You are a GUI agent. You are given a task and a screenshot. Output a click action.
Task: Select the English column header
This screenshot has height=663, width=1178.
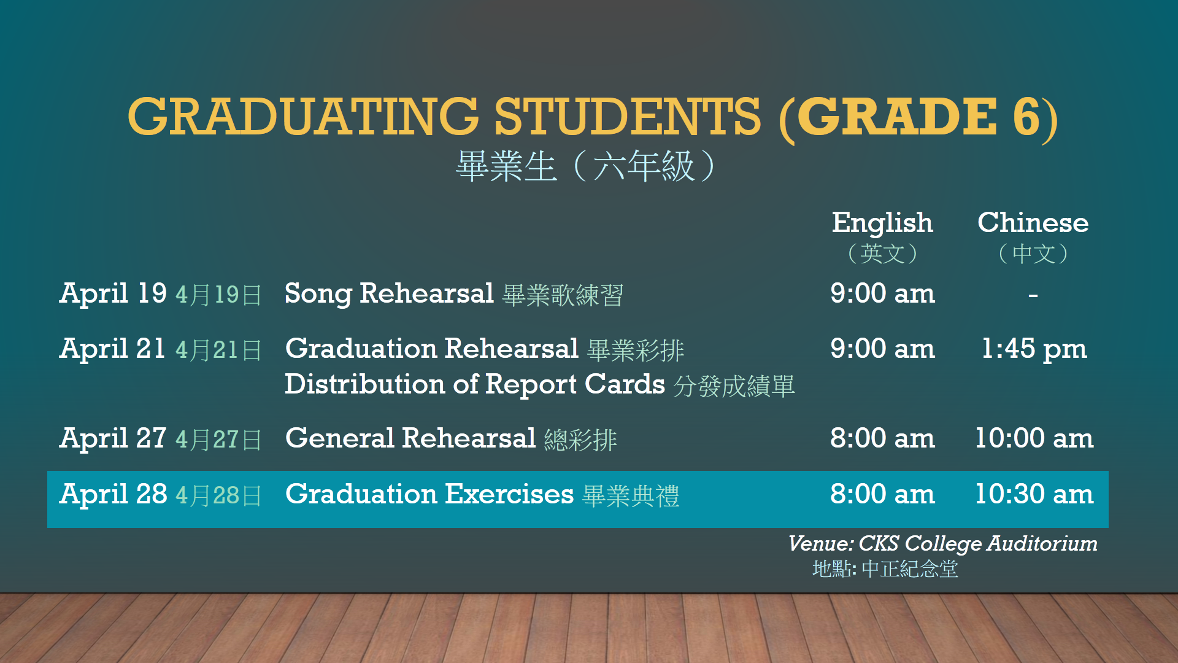click(882, 223)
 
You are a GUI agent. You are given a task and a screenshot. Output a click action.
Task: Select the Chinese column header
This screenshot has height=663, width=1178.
click(1033, 222)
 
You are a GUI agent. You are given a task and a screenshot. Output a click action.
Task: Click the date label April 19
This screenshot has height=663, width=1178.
click(113, 294)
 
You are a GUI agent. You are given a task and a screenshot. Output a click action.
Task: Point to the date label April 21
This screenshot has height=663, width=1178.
click(113, 349)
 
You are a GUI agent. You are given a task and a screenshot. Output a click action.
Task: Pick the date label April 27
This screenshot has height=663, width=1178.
click(113, 439)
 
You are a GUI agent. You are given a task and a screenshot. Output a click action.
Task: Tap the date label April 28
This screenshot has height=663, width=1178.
click(113, 495)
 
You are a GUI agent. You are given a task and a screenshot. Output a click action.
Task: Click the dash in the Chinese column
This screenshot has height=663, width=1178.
click(1033, 296)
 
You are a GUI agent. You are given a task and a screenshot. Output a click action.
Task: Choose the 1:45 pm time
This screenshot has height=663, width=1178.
click(1034, 349)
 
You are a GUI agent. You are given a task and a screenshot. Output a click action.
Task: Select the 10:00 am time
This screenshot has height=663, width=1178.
click(1034, 438)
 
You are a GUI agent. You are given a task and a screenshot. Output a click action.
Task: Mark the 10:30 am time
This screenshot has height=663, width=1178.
click(1034, 494)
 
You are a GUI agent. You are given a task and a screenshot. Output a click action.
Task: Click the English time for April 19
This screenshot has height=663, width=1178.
click(883, 293)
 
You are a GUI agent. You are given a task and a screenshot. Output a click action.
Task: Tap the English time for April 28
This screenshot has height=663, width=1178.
click(883, 494)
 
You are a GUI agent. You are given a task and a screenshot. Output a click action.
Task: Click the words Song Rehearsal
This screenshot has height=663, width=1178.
click(390, 294)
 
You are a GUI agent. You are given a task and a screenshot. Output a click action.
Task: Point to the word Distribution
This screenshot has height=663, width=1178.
click(365, 384)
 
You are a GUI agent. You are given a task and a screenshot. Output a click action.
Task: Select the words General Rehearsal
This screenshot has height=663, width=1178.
click(411, 438)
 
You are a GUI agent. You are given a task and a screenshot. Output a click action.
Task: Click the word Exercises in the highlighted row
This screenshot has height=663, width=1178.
click(510, 494)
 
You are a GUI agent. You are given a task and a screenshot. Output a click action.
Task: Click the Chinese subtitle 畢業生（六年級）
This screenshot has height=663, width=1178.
click(587, 166)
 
